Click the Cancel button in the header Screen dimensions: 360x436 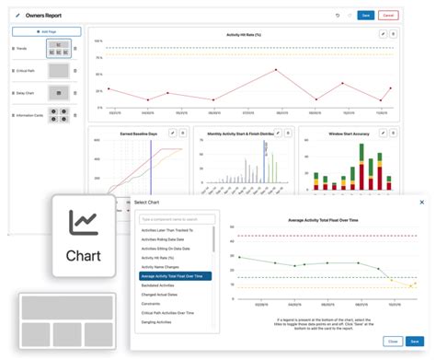[x=388, y=15]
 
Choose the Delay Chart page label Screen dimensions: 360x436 [x=25, y=93]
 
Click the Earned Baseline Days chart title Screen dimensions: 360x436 [x=138, y=134]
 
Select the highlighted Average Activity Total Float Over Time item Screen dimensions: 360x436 [x=176, y=275]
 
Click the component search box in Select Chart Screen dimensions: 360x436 [x=177, y=219]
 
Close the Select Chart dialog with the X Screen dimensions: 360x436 [x=422, y=202]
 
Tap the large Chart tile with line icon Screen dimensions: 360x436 [x=84, y=235]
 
